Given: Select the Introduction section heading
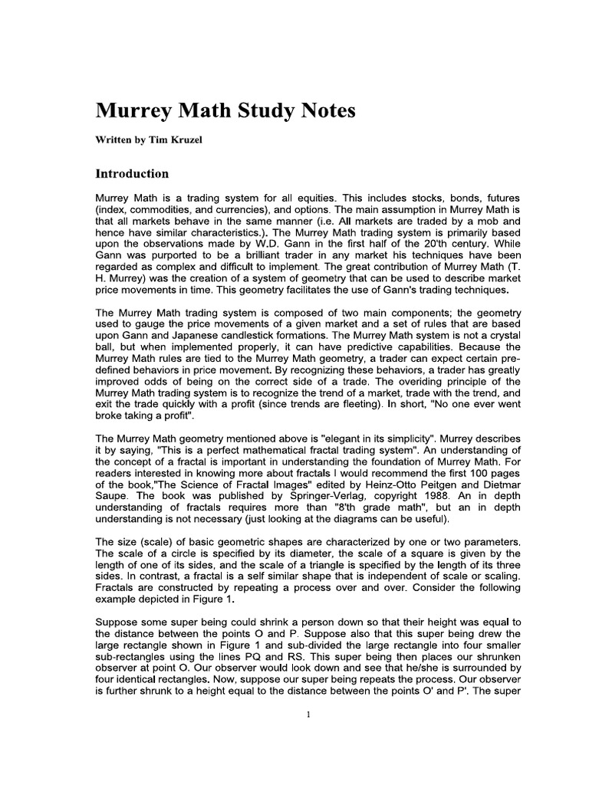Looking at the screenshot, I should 131,174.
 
